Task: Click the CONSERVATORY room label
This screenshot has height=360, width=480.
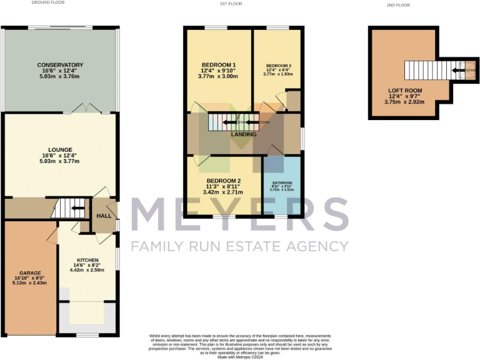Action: click(x=60, y=65)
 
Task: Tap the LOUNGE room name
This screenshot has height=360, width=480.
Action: click(x=60, y=149)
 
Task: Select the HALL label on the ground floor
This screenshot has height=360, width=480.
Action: click(x=103, y=216)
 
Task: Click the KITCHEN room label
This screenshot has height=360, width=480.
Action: click(x=88, y=259)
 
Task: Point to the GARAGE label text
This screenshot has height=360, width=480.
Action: click(x=30, y=272)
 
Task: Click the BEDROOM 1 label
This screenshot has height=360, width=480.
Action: click(x=218, y=65)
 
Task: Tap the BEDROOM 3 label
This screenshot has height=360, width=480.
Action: click(x=278, y=65)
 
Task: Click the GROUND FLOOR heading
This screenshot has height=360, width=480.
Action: click(x=49, y=3)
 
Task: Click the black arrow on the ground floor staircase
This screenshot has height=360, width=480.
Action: click(x=78, y=209)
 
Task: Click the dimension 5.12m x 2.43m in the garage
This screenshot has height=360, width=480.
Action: click(x=30, y=284)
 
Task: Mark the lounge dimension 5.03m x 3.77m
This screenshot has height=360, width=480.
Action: click(x=60, y=161)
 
